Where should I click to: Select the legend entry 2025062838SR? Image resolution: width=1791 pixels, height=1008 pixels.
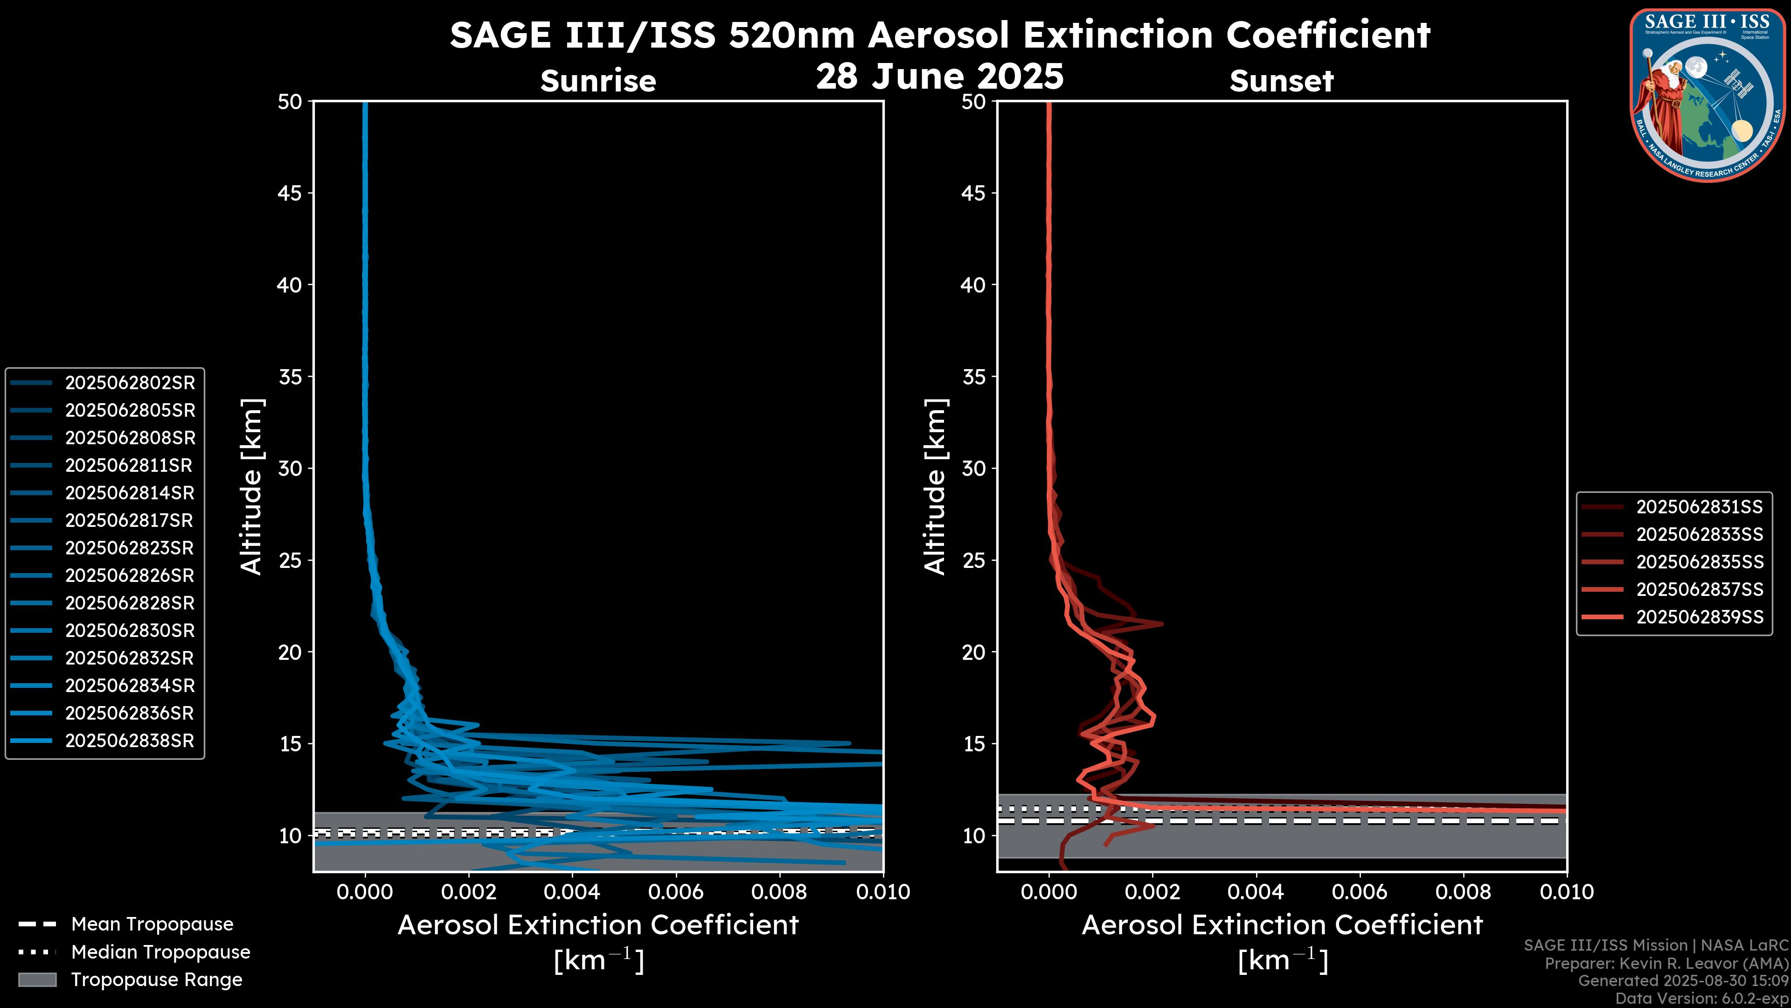point(129,741)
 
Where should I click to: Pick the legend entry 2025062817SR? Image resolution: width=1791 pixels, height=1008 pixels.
point(129,520)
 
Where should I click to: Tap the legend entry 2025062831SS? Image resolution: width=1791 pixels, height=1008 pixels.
point(1699,507)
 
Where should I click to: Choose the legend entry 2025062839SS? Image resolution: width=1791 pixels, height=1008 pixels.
point(1699,617)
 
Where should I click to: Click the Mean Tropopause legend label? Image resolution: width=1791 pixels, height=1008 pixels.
point(152,924)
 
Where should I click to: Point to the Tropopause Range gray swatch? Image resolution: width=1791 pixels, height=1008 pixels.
point(37,980)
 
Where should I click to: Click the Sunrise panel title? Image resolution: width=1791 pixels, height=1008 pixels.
point(598,81)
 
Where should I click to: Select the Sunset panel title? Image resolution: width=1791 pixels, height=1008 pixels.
point(1281,81)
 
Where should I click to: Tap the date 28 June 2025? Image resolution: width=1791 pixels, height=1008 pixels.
point(939,77)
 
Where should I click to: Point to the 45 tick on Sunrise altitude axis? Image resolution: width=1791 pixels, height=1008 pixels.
point(290,193)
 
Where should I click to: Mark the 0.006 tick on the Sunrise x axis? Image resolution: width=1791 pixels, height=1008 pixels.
point(676,892)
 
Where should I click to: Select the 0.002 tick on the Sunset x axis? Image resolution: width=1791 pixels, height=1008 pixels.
point(1153,892)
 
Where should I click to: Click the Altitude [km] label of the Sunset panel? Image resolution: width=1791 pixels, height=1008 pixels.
point(936,486)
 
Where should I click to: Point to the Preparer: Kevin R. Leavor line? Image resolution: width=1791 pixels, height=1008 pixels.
point(1666,964)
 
